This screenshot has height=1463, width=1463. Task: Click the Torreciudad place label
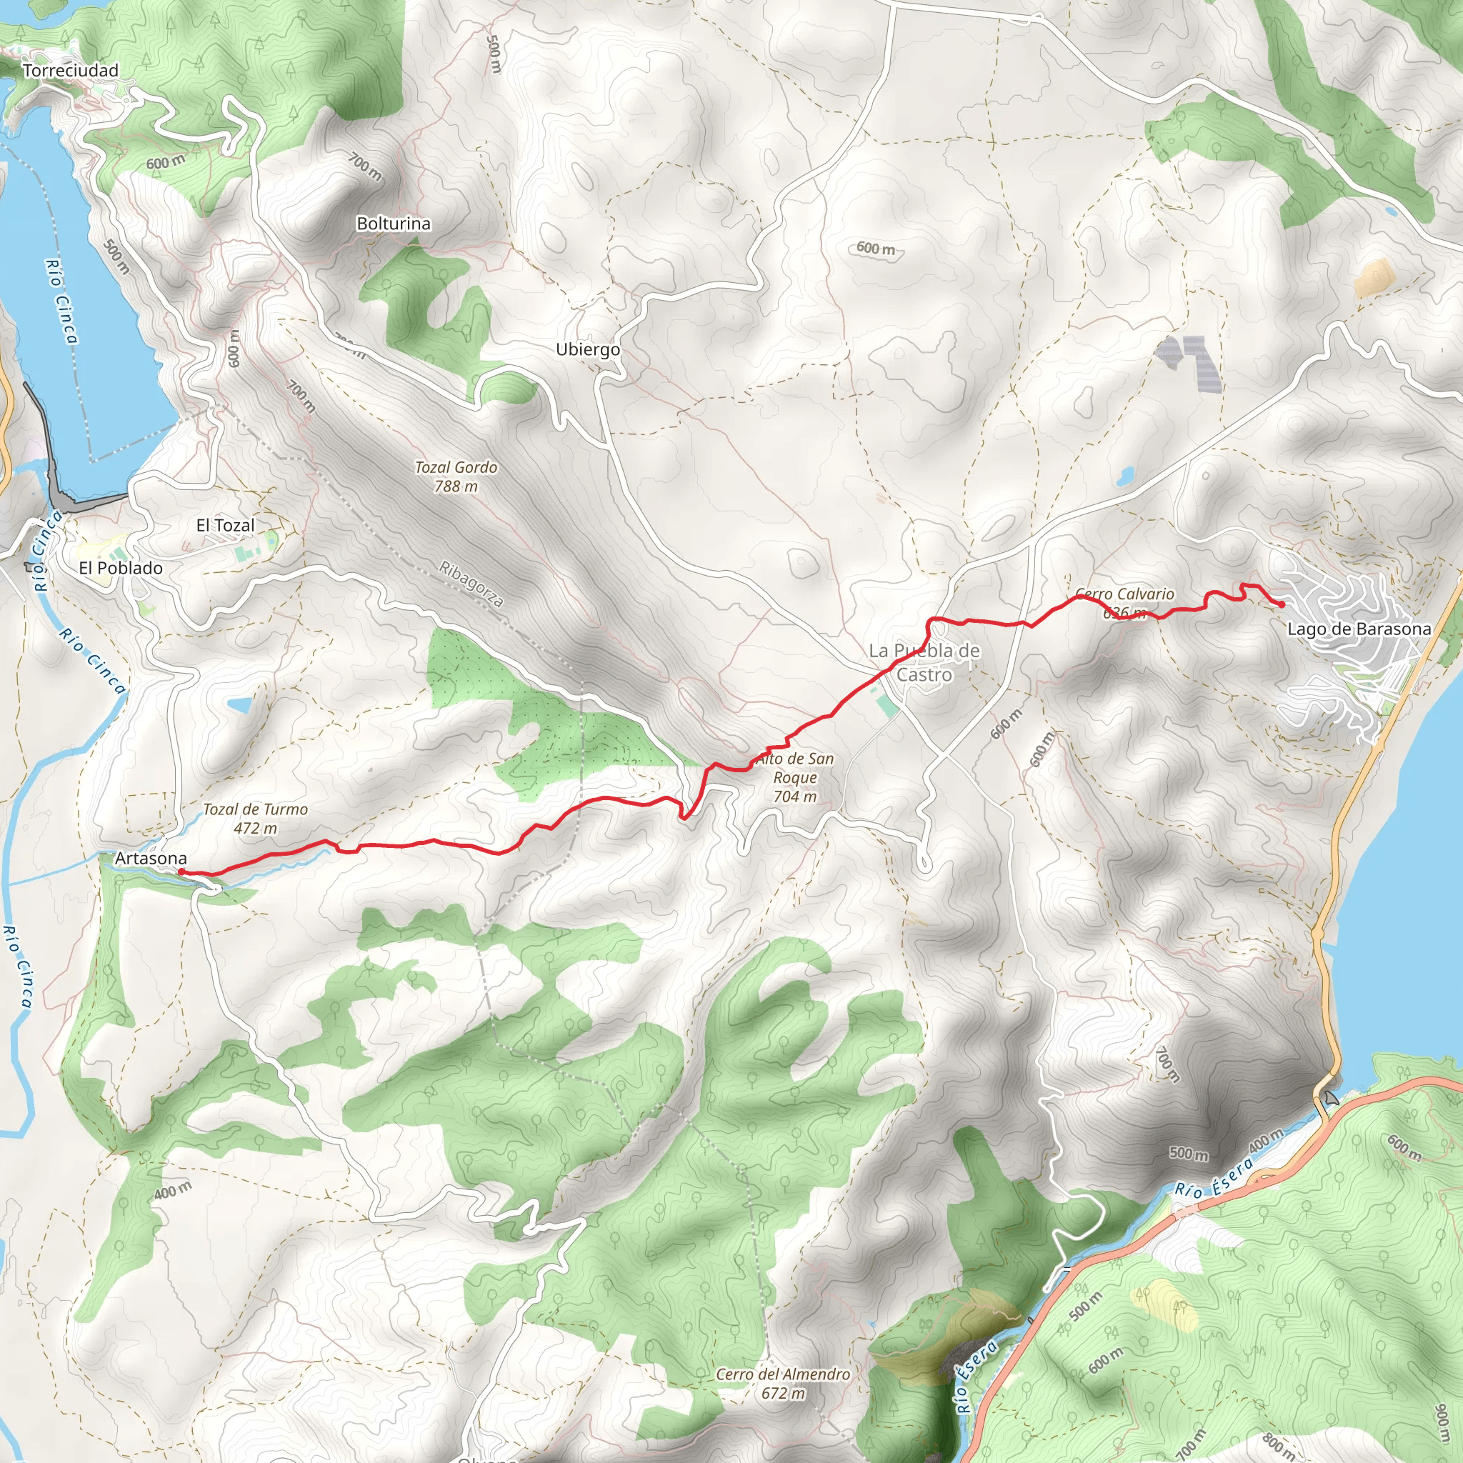(71, 71)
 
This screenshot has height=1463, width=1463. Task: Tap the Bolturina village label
(393, 224)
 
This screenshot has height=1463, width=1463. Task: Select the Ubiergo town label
(588, 349)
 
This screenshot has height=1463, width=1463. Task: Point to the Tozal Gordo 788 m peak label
(456, 476)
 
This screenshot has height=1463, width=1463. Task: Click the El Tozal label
(225, 525)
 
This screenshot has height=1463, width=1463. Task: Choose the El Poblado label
(121, 567)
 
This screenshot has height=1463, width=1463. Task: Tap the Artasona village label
(150, 858)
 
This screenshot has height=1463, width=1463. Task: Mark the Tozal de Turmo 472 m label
(255, 818)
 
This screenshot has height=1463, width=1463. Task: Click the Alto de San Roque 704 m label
(794, 777)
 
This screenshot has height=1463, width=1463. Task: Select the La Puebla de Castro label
(924, 661)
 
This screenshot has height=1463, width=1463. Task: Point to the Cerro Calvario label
(1124, 594)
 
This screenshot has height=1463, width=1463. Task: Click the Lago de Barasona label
(1359, 629)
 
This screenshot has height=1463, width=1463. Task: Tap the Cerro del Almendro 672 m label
(783, 1383)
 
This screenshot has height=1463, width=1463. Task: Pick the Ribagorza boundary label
(471, 584)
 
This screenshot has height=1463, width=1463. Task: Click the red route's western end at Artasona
(181, 872)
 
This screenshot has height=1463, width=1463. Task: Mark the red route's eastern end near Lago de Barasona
(1282, 605)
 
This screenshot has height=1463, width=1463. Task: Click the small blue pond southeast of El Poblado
(239, 705)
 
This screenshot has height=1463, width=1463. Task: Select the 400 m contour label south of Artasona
(173, 1190)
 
